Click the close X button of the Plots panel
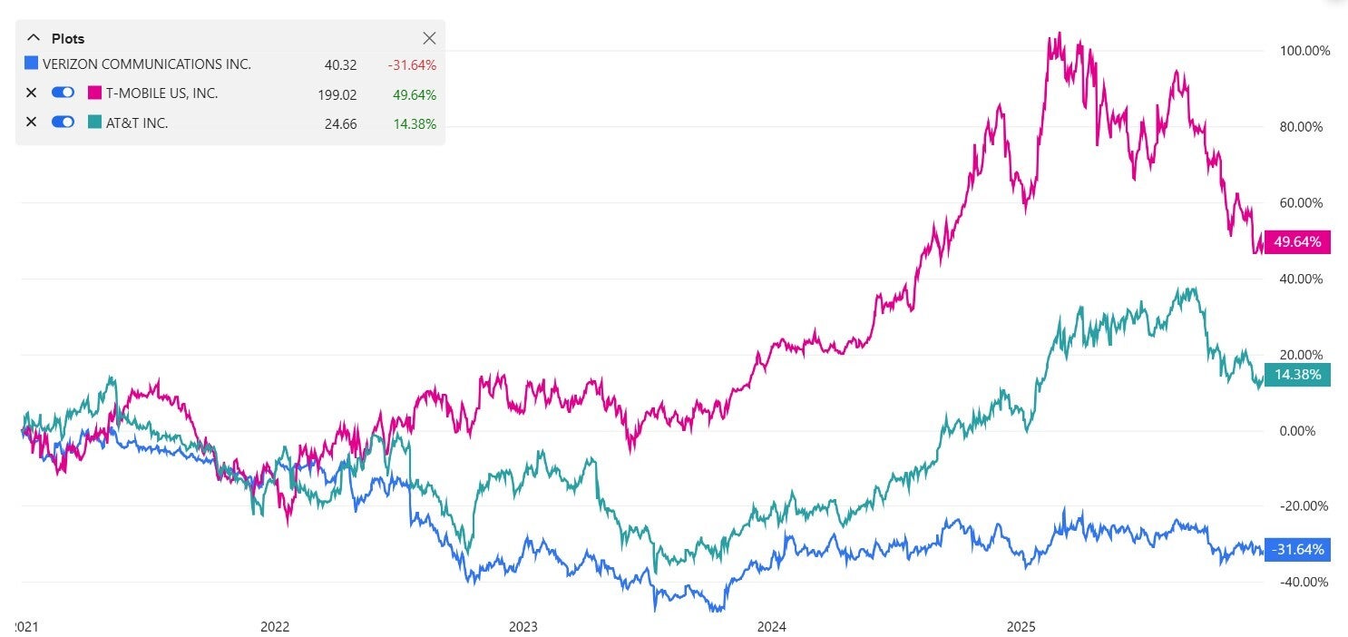tap(430, 38)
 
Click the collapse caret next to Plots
tap(34, 38)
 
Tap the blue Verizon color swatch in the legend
tap(31, 64)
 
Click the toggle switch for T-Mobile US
tap(63, 93)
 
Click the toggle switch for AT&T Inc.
tap(63, 122)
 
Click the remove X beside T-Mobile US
tap(31, 93)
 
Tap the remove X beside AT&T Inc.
tap(31, 122)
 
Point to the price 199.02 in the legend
tap(340, 93)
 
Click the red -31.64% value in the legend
tap(413, 64)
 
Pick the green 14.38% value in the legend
tap(415, 122)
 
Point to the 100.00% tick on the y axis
tap(1304, 51)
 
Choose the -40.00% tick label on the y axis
tap(1304, 582)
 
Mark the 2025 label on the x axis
tap(1021, 626)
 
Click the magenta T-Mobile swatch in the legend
tap(94, 93)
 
